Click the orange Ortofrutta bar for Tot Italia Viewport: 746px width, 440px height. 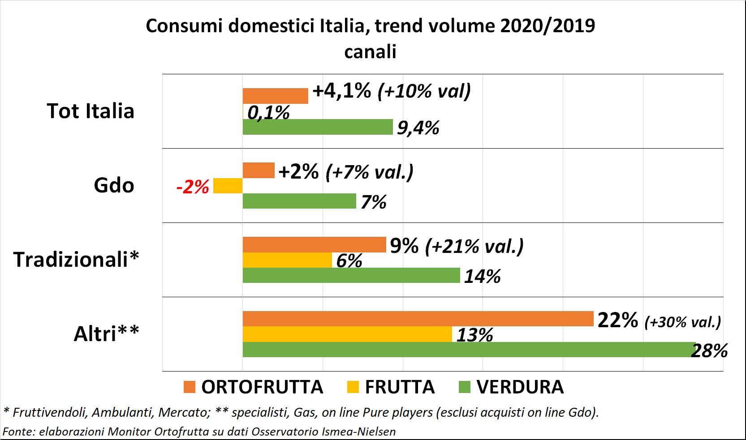[x=275, y=96]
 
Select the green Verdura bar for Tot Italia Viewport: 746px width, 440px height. [x=317, y=127]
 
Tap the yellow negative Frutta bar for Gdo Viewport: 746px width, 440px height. [x=228, y=186]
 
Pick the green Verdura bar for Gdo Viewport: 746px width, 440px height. [x=299, y=201]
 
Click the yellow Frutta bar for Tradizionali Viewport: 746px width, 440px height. [x=287, y=260]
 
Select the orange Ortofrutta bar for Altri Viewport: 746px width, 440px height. [x=418, y=319]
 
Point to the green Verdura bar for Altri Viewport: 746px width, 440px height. [x=468, y=350]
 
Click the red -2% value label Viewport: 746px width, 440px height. [x=193, y=187]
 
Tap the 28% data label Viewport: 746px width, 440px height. [x=710, y=350]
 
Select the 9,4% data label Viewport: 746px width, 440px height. [x=418, y=128]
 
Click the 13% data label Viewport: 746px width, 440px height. [x=474, y=335]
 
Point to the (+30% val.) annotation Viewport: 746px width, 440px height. [x=682, y=322]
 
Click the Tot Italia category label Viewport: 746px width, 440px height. [x=91, y=111]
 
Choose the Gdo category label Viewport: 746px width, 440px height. [x=114, y=185]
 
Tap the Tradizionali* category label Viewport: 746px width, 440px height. [x=76, y=260]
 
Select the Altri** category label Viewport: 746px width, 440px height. [x=106, y=334]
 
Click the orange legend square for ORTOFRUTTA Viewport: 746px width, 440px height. [x=190, y=387]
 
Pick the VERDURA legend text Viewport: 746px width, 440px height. [x=520, y=387]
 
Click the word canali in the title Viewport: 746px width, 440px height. [x=370, y=51]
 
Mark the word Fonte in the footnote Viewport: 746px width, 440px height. [x=18, y=431]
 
